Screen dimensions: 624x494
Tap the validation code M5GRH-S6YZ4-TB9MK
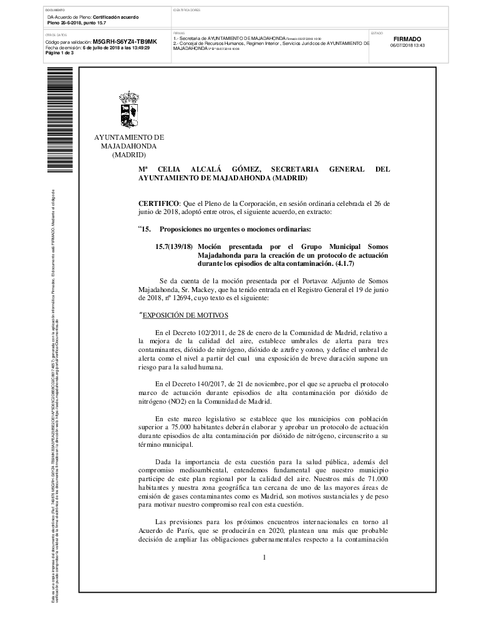tap(125, 41)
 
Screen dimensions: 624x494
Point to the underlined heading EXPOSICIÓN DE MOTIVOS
tap(183, 315)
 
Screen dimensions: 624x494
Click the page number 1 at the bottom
tap(264, 557)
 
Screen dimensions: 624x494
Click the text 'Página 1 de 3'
tap(60, 53)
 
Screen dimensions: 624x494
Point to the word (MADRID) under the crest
tap(128, 155)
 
